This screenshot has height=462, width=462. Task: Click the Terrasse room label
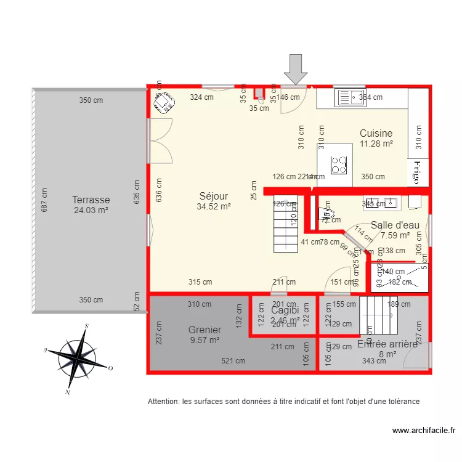click(91, 200)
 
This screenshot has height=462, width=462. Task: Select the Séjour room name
click(213, 197)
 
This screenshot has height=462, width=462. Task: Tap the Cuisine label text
click(376, 133)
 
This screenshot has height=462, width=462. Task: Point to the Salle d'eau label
click(395, 225)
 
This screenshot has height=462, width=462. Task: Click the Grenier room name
click(205, 330)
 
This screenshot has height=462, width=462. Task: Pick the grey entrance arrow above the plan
click(296, 68)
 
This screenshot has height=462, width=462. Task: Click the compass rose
click(78, 359)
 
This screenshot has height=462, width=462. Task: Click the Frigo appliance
click(417, 172)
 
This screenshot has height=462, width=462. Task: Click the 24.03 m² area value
click(91, 210)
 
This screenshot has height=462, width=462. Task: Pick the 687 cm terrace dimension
click(44, 200)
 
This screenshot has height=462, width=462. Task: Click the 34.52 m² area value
click(213, 207)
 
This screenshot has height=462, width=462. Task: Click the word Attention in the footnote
click(164, 401)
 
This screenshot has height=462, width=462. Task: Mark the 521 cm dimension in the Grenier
click(233, 361)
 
